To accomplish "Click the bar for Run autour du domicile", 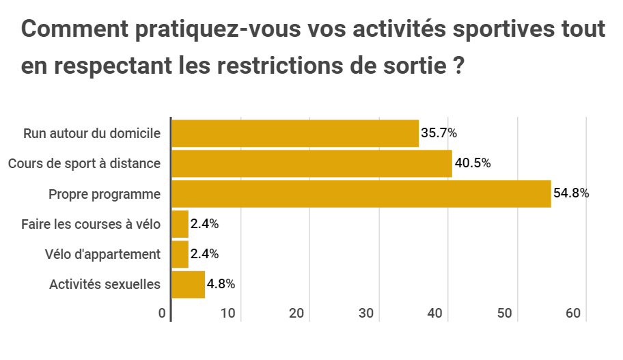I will (294, 133).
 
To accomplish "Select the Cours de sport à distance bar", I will (311, 164).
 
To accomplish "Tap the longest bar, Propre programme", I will (361, 194).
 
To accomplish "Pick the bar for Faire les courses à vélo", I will (180, 224).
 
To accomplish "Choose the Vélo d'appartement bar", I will (180, 254).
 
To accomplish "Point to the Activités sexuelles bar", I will (188, 284).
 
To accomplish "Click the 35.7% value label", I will (439, 133).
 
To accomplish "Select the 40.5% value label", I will (473, 164).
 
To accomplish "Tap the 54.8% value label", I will (571, 194).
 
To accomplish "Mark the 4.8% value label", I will (221, 284).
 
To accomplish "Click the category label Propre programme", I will (105, 194).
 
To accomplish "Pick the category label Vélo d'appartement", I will (102, 254).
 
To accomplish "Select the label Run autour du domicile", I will (92, 133).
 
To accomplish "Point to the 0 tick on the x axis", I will (163, 314).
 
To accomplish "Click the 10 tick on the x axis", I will (228, 314).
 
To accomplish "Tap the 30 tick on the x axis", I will (366, 314).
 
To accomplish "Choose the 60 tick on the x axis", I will (573, 314).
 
